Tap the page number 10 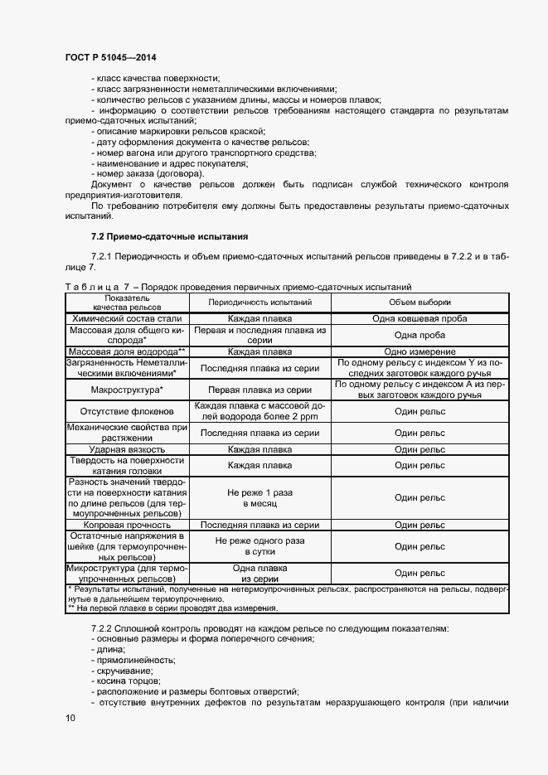tap(70, 717)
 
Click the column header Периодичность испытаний tap(259, 303)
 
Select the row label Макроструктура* tap(127, 389)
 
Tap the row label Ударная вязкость tap(127, 448)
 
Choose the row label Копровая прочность tap(127, 525)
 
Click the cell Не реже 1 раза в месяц tap(259, 497)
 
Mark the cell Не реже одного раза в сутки tap(259, 546)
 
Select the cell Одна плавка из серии tap(259, 574)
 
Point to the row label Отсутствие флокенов tap(127, 410)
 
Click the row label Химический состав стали tap(127, 318)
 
